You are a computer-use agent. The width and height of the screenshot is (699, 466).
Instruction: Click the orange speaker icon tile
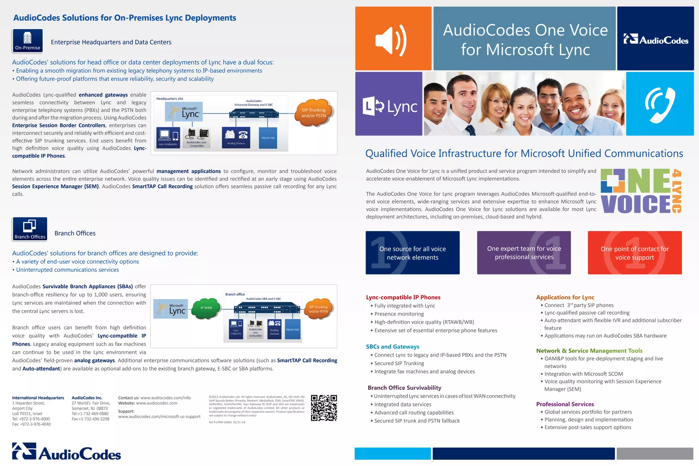[x=393, y=39]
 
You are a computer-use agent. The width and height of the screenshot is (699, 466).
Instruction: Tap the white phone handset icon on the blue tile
[x=660, y=104]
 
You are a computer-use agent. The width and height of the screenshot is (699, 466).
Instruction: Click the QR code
[x=324, y=408]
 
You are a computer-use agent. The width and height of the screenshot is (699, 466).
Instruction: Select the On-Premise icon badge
[x=28, y=41]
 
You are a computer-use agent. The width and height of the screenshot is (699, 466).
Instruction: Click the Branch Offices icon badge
[x=30, y=229]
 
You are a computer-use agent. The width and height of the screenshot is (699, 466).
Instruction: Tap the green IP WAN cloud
[x=206, y=308]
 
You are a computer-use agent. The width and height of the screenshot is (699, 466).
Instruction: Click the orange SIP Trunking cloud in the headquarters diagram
[x=314, y=112]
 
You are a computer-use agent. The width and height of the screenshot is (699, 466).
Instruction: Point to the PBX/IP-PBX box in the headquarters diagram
[x=268, y=138]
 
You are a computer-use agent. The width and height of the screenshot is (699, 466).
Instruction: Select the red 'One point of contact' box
[x=634, y=253]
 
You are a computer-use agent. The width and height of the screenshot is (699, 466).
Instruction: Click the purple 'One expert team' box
[x=524, y=253]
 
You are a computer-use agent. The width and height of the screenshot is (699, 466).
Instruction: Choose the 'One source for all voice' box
[x=412, y=253]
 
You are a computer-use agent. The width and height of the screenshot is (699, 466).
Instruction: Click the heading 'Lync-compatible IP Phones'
[x=403, y=297]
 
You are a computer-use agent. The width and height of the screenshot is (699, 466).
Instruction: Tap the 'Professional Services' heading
[x=565, y=404]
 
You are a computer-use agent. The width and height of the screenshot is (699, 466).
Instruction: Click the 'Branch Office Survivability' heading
[x=404, y=388]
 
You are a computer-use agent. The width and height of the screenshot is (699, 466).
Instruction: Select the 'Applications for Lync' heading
[x=565, y=297]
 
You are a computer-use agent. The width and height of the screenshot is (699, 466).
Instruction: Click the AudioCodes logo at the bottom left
[x=67, y=452]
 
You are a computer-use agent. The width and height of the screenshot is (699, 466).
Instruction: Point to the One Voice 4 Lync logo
[x=641, y=191]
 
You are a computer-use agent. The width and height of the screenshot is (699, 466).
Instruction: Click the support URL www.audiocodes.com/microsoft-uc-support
[x=159, y=417]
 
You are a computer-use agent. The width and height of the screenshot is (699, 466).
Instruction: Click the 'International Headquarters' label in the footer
[x=38, y=398]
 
